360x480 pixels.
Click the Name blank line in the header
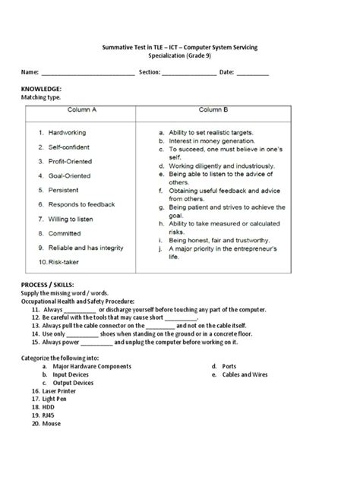[x=87, y=73]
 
